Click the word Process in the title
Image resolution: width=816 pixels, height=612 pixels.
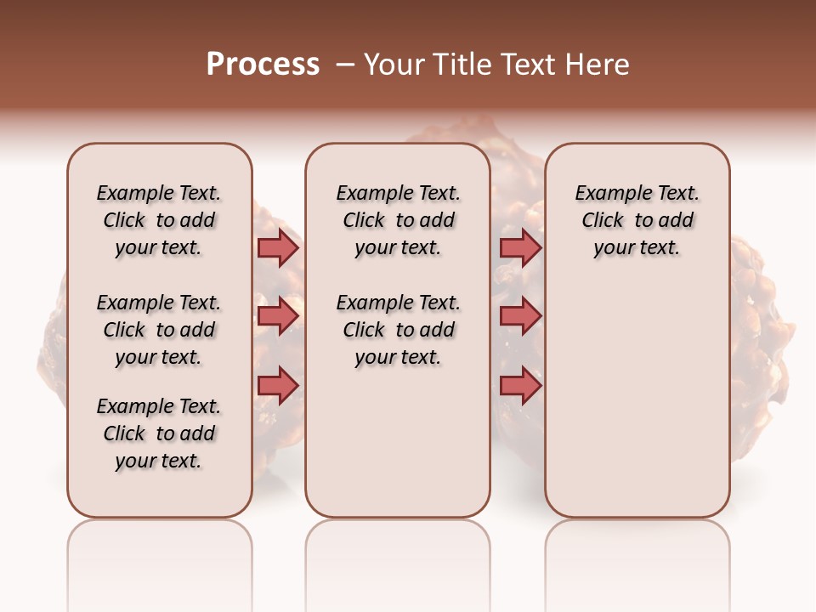263,65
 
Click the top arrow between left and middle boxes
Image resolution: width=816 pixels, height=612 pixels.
278,247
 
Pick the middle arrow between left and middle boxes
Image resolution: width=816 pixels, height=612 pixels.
278,316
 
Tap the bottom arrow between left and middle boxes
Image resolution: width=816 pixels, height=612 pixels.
278,385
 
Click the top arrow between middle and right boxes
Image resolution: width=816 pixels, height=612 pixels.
520,247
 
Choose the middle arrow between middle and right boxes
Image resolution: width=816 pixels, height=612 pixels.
520,316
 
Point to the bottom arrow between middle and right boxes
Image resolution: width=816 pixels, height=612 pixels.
520,385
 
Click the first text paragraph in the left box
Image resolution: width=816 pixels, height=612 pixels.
159,220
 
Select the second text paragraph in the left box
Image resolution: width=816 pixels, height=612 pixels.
159,330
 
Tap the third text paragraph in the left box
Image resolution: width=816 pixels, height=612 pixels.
159,433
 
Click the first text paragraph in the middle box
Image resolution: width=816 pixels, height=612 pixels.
399,220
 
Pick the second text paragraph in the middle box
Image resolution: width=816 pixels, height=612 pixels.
399,330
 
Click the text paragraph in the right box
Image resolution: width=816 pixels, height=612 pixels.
637,220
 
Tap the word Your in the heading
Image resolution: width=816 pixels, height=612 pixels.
394,65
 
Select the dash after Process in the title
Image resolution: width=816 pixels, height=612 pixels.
345,65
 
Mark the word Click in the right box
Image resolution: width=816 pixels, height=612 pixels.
603,221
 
